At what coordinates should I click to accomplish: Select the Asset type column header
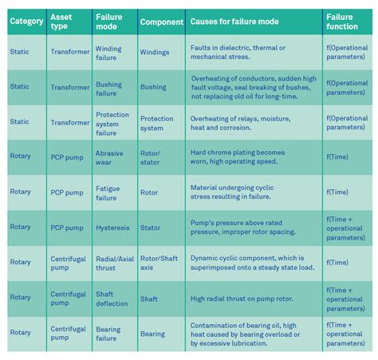[61, 22]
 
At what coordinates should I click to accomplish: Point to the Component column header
[162, 22]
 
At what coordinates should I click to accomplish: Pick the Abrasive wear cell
[109, 157]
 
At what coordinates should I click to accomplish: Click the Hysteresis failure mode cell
[112, 227]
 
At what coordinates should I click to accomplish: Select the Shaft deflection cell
[112, 298]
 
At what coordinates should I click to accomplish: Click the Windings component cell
[156, 53]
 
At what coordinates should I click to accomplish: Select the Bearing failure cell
[108, 333]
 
